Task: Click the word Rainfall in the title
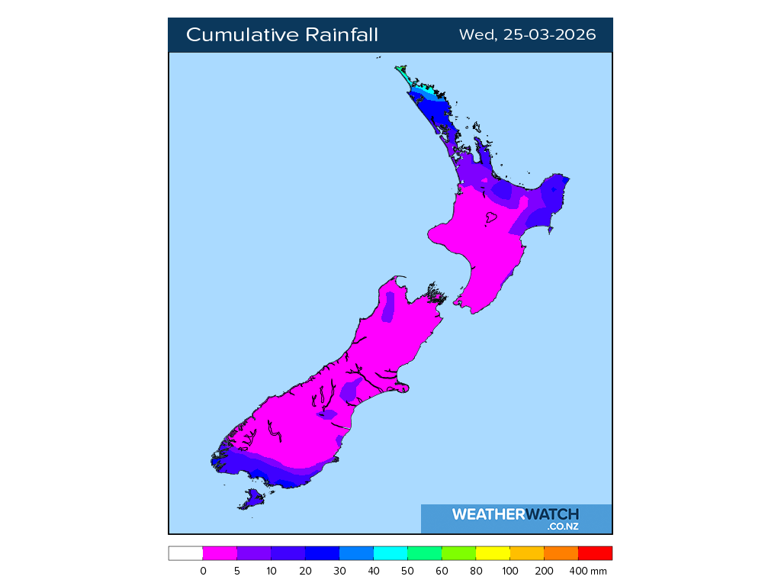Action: [x=342, y=35]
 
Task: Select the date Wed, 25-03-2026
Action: [x=527, y=35]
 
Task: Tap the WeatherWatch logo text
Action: [x=515, y=514]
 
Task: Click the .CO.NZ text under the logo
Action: [x=562, y=526]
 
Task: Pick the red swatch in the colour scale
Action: [x=595, y=553]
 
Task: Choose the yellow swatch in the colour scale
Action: [x=493, y=553]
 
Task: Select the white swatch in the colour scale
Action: [x=185, y=553]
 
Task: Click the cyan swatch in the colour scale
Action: [x=390, y=553]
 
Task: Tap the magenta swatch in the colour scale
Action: [x=220, y=553]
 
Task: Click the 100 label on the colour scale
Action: [x=510, y=571]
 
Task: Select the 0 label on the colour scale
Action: [x=203, y=571]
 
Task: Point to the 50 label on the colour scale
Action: [x=408, y=571]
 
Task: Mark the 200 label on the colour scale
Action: [x=544, y=571]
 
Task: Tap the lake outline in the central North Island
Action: [x=490, y=218]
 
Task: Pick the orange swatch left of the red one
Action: [x=561, y=553]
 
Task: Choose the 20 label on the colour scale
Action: [x=305, y=571]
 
